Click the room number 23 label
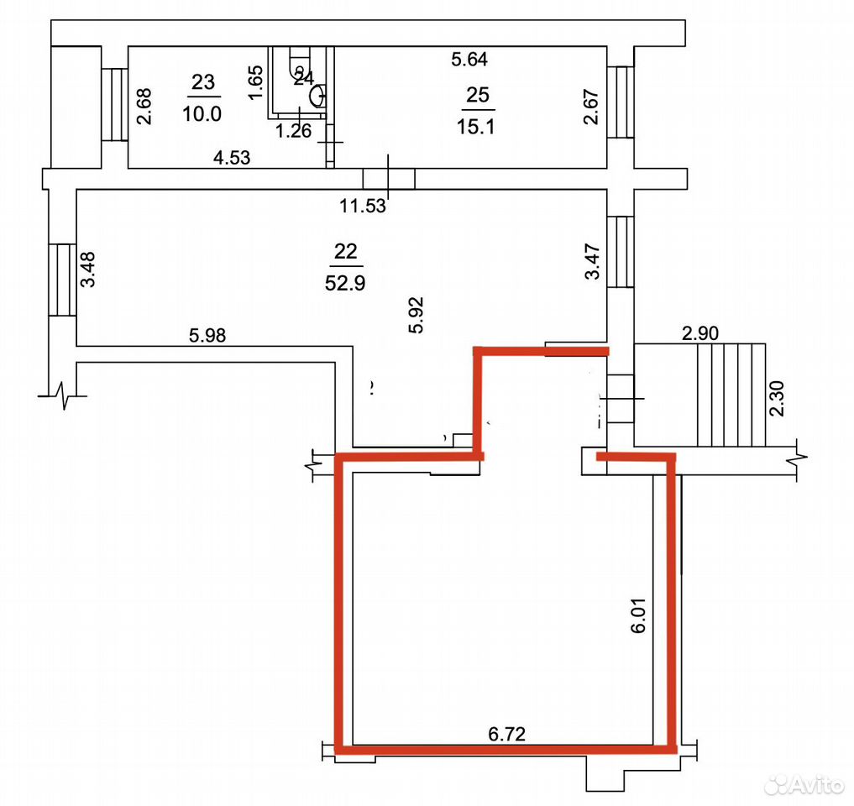click(x=203, y=82)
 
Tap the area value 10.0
click(x=202, y=114)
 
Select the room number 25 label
click(x=478, y=95)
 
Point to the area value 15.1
click(x=476, y=127)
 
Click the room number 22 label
click(x=346, y=251)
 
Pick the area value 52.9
click(x=345, y=283)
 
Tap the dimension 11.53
click(x=363, y=206)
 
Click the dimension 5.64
click(x=469, y=59)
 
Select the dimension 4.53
click(x=232, y=158)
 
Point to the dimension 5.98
click(x=207, y=336)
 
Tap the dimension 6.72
click(x=507, y=734)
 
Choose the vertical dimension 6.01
click(x=638, y=615)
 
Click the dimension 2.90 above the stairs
click(x=700, y=332)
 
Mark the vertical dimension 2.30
click(x=778, y=399)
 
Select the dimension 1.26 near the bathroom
click(x=294, y=131)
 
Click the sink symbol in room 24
click(x=318, y=97)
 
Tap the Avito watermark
click(x=804, y=784)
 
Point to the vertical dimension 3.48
click(x=87, y=269)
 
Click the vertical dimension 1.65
click(x=255, y=82)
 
